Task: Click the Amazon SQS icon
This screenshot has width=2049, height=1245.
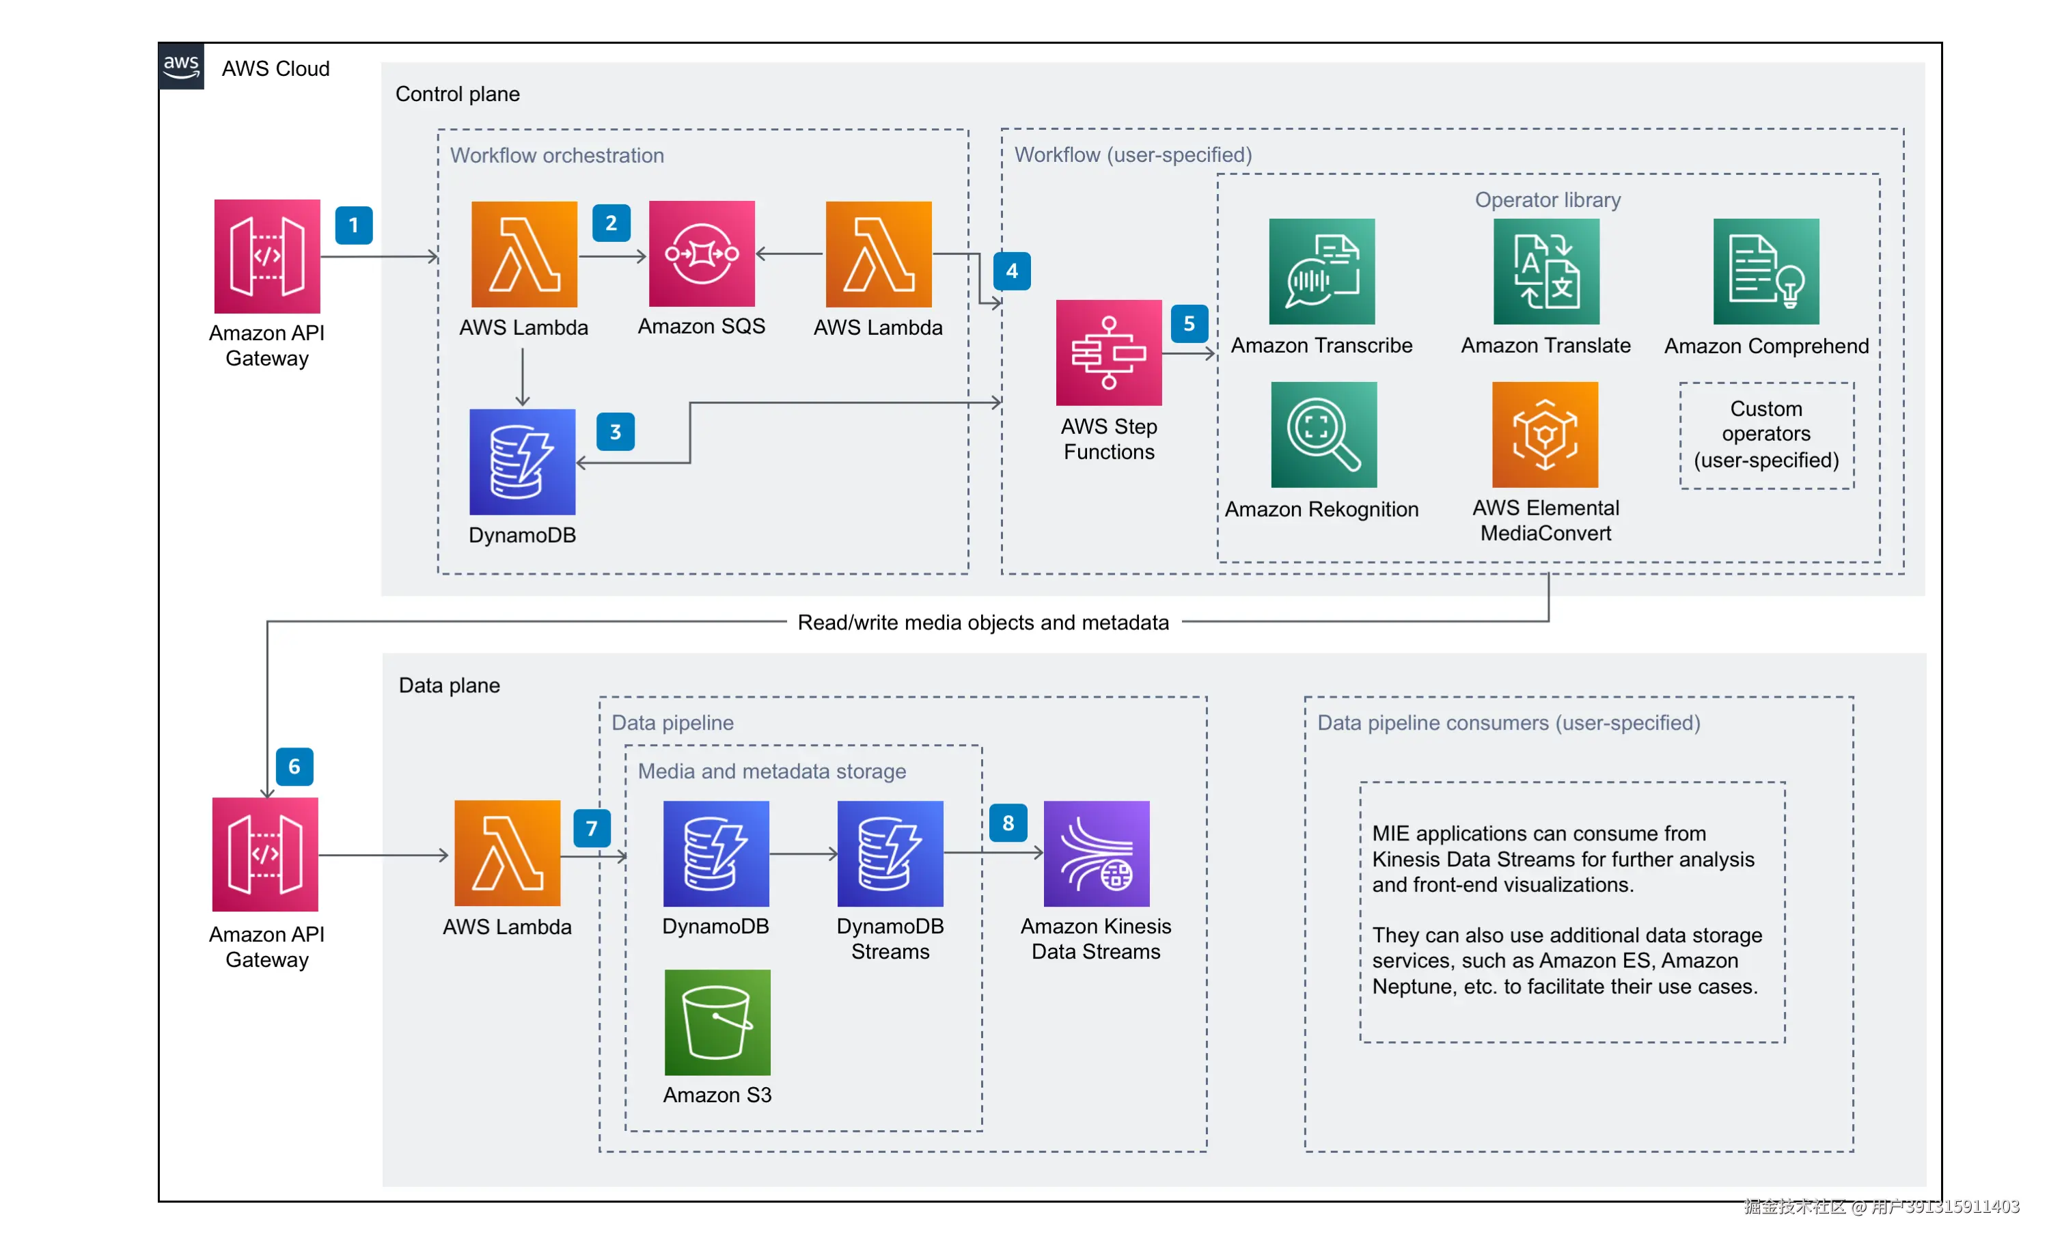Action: (x=701, y=254)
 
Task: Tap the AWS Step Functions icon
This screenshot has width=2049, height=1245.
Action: (x=1108, y=353)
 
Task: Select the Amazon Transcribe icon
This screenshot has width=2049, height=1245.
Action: (x=1321, y=271)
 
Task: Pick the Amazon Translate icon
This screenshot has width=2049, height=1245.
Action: (x=1546, y=271)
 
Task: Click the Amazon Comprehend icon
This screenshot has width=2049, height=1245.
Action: (x=1765, y=271)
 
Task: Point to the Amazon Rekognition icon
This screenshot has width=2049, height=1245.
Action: (x=1323, y=434)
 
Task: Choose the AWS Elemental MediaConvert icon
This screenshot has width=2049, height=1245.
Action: (x=1544, y=434)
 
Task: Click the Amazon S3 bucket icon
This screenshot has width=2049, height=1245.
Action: (x=717, y=1022)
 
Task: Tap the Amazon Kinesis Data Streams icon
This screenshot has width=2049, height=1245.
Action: (x=1096, y=853)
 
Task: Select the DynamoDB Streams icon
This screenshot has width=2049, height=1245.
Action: (x=890, y=853)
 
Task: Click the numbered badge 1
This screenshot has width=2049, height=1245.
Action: (x=353, y=225)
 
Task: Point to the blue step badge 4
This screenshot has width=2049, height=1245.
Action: (x=1011, y=271)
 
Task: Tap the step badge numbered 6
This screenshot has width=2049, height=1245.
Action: (x=294, y=767)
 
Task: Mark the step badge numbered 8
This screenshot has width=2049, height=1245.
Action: (x=1008, y=823)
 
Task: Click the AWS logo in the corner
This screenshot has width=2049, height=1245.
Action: (x=181, y=66)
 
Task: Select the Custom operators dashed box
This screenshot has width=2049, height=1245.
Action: (x=1766, y=435)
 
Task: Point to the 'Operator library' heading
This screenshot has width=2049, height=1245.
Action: (x=1547, y=200)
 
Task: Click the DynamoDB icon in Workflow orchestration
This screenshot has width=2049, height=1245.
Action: (x=522, y=461)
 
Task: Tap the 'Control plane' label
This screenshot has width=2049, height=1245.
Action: (x=457, y=94)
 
